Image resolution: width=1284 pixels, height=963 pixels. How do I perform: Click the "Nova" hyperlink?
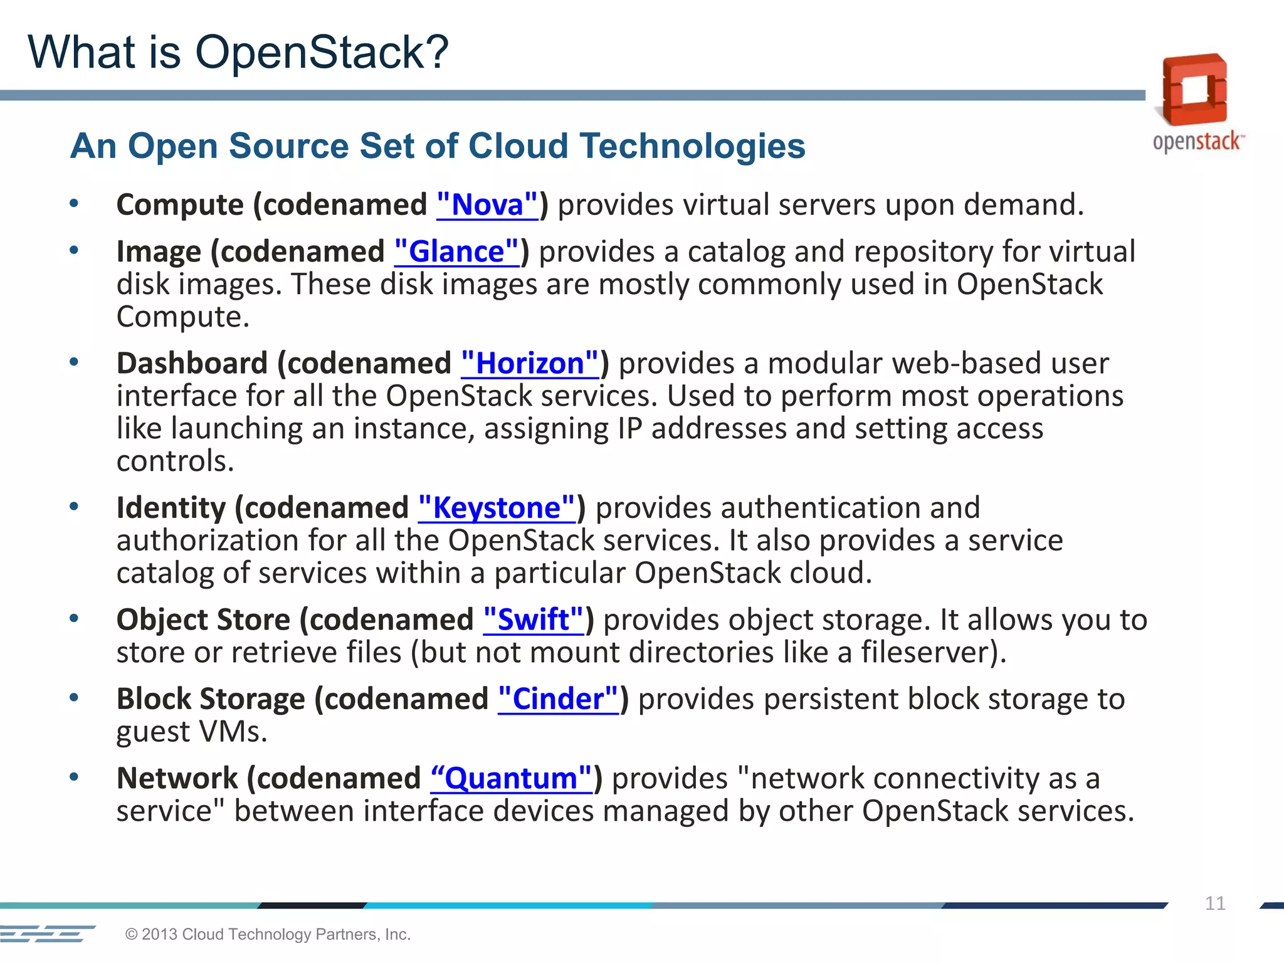(487, 205)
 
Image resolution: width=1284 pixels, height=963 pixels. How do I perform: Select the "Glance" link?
(456, 252)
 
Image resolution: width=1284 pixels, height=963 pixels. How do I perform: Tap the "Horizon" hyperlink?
(530, 364)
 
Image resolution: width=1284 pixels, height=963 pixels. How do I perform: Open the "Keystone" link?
(497, 508)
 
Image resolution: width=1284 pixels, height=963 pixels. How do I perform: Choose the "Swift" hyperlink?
(533, 620)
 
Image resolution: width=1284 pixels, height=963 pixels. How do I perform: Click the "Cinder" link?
(558, 699)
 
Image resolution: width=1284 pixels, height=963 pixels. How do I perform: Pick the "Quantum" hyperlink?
(511, 779)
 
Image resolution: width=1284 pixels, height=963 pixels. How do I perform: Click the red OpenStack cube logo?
(1194, 90)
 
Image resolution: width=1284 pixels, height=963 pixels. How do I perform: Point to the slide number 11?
(1214, 903)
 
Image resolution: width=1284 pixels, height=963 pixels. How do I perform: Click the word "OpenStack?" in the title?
(322, 52)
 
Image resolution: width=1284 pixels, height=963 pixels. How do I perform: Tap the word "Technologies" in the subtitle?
(692, 146)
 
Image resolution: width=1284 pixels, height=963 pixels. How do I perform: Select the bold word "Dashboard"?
(192, 364)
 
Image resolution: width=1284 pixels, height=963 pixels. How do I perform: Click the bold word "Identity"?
(171, 508)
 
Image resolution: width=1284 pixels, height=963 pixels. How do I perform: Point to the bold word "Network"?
(177, 779)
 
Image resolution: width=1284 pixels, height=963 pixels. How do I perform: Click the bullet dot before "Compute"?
(74, 203)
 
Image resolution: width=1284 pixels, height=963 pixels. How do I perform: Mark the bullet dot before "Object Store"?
(74, 618)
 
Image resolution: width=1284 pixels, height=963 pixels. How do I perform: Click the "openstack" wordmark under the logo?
(1196, 142)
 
